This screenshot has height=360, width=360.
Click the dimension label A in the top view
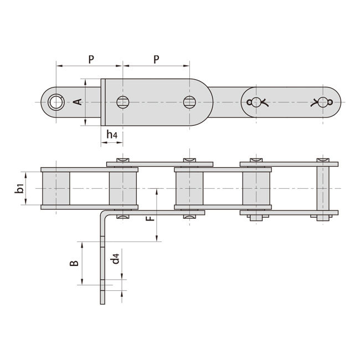(78, 102)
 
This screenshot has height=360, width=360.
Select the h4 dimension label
(111, 135)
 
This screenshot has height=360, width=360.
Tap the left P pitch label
(91, 59)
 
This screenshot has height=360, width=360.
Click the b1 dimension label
(20, 188)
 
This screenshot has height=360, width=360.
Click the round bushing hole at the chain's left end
(55, 102)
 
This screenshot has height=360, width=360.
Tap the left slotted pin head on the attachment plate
(123, 102)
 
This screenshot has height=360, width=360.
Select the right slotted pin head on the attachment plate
(189, 102)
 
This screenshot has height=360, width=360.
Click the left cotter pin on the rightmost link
(256, 102)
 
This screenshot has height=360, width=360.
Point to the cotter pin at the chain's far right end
(322, 102)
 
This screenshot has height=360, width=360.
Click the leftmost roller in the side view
(56, 188)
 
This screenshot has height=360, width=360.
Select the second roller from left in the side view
(123, 188)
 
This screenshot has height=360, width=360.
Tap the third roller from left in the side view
(189, 188)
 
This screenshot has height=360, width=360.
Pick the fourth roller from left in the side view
(256, 188)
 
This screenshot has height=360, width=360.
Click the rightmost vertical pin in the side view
(322, 188)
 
